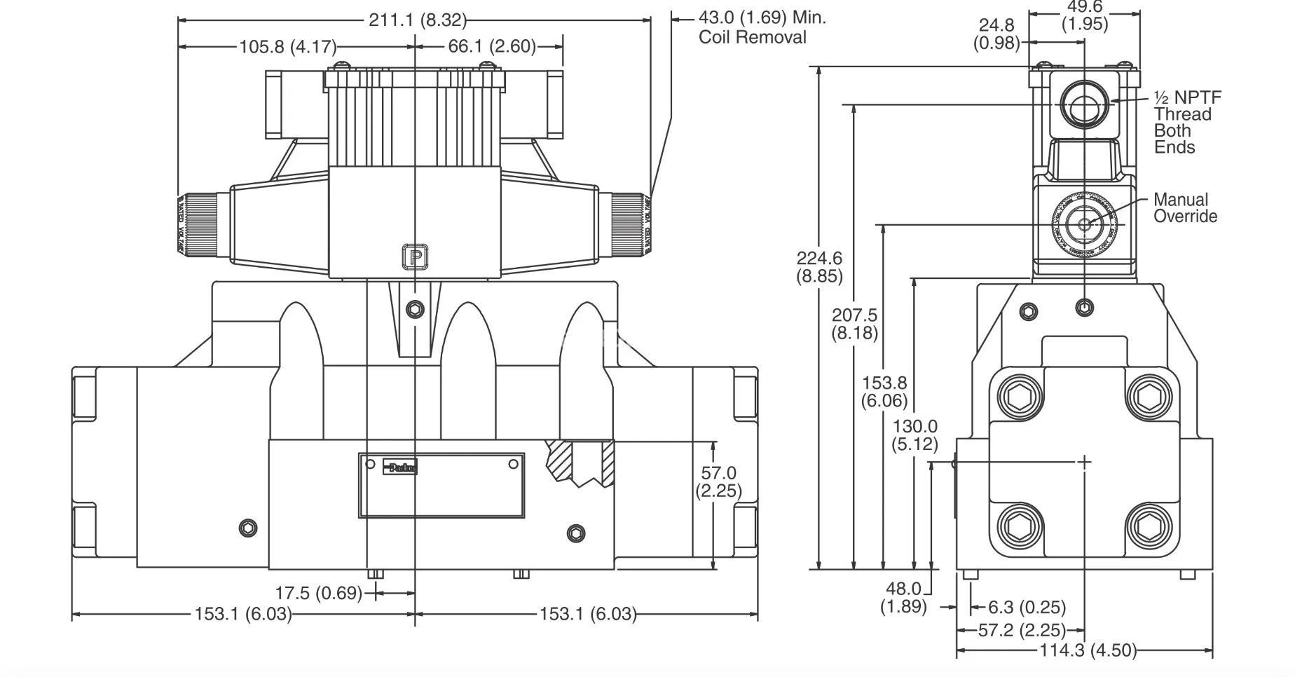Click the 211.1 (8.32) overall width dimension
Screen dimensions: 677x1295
coord(417,20)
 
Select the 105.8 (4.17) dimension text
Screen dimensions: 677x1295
coord(288,47)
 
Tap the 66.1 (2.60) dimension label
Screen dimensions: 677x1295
coord(492,47)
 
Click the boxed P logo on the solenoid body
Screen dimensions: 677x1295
coord(415,257)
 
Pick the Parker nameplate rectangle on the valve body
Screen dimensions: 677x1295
coord(441,485)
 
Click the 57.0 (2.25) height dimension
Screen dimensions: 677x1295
coord(718,482)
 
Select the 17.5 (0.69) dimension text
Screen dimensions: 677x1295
coord(318,593)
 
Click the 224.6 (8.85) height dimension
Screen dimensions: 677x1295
coord(819,267)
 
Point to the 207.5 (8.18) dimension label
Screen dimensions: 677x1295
coord(854,324)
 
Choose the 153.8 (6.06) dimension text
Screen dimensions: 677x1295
coord(884,392)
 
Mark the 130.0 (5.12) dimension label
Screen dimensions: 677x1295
coord(914,435)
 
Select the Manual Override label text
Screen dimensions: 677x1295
coord(1185,208)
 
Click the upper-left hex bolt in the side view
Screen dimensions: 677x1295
coord(1020,397)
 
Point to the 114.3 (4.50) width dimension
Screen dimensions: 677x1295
coord(1087,650)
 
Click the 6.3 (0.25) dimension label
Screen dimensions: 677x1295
coord(1027,607)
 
